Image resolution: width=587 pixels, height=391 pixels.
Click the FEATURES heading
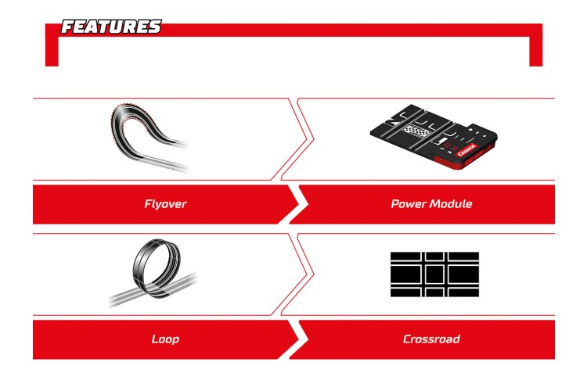[111, 27]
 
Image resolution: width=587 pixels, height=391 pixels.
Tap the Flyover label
[165, 204]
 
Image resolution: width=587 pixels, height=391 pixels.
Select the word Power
[409, 204]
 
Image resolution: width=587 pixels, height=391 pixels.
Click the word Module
[451, 204]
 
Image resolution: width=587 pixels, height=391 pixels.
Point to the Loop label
[165, 339]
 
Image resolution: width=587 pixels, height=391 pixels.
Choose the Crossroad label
[431, 339]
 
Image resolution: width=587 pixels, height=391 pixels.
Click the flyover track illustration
[149, 138]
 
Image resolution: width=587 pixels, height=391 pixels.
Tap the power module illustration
[434, 136]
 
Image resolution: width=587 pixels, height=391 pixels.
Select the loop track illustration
[153, 273]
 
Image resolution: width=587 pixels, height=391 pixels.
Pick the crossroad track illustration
[434, 274]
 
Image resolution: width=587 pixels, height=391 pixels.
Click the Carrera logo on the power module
[466, 149]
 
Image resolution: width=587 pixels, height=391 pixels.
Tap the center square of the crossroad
[434, 274]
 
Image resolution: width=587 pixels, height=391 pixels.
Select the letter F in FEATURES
[68, 27]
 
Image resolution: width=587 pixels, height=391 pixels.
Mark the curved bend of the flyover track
[116, 113]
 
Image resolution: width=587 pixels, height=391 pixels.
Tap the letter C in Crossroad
[407, 339]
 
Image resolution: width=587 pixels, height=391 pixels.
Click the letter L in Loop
[155, 339]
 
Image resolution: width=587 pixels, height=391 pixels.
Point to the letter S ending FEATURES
[156, 27]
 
